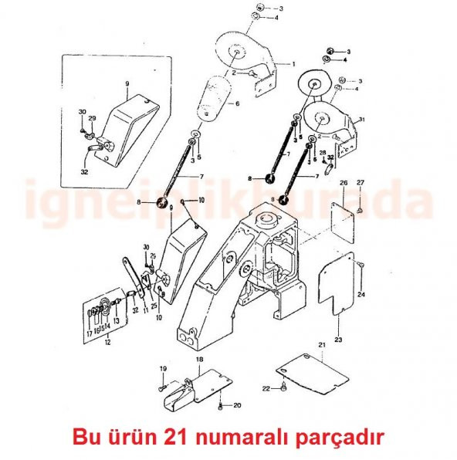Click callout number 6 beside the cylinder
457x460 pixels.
(237, 103)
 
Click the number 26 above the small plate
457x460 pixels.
(344, 182)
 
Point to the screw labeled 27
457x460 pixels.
(361, 209)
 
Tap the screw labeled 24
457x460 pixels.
(360, 266)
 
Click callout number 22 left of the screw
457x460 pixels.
(266, 388)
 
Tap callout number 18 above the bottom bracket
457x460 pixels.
(198, 360)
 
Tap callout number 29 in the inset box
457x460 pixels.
(92, 118)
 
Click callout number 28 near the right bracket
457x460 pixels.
(323, 153)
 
